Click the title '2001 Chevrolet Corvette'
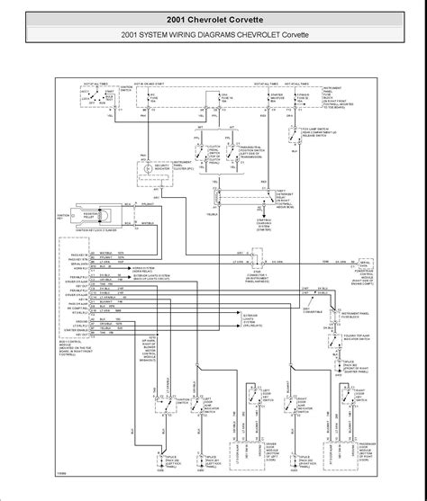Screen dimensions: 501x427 [213, 18]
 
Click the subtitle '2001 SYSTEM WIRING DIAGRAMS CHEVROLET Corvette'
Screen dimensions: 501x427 [213, 36]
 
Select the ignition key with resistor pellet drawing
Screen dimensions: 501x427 [102, 216]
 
